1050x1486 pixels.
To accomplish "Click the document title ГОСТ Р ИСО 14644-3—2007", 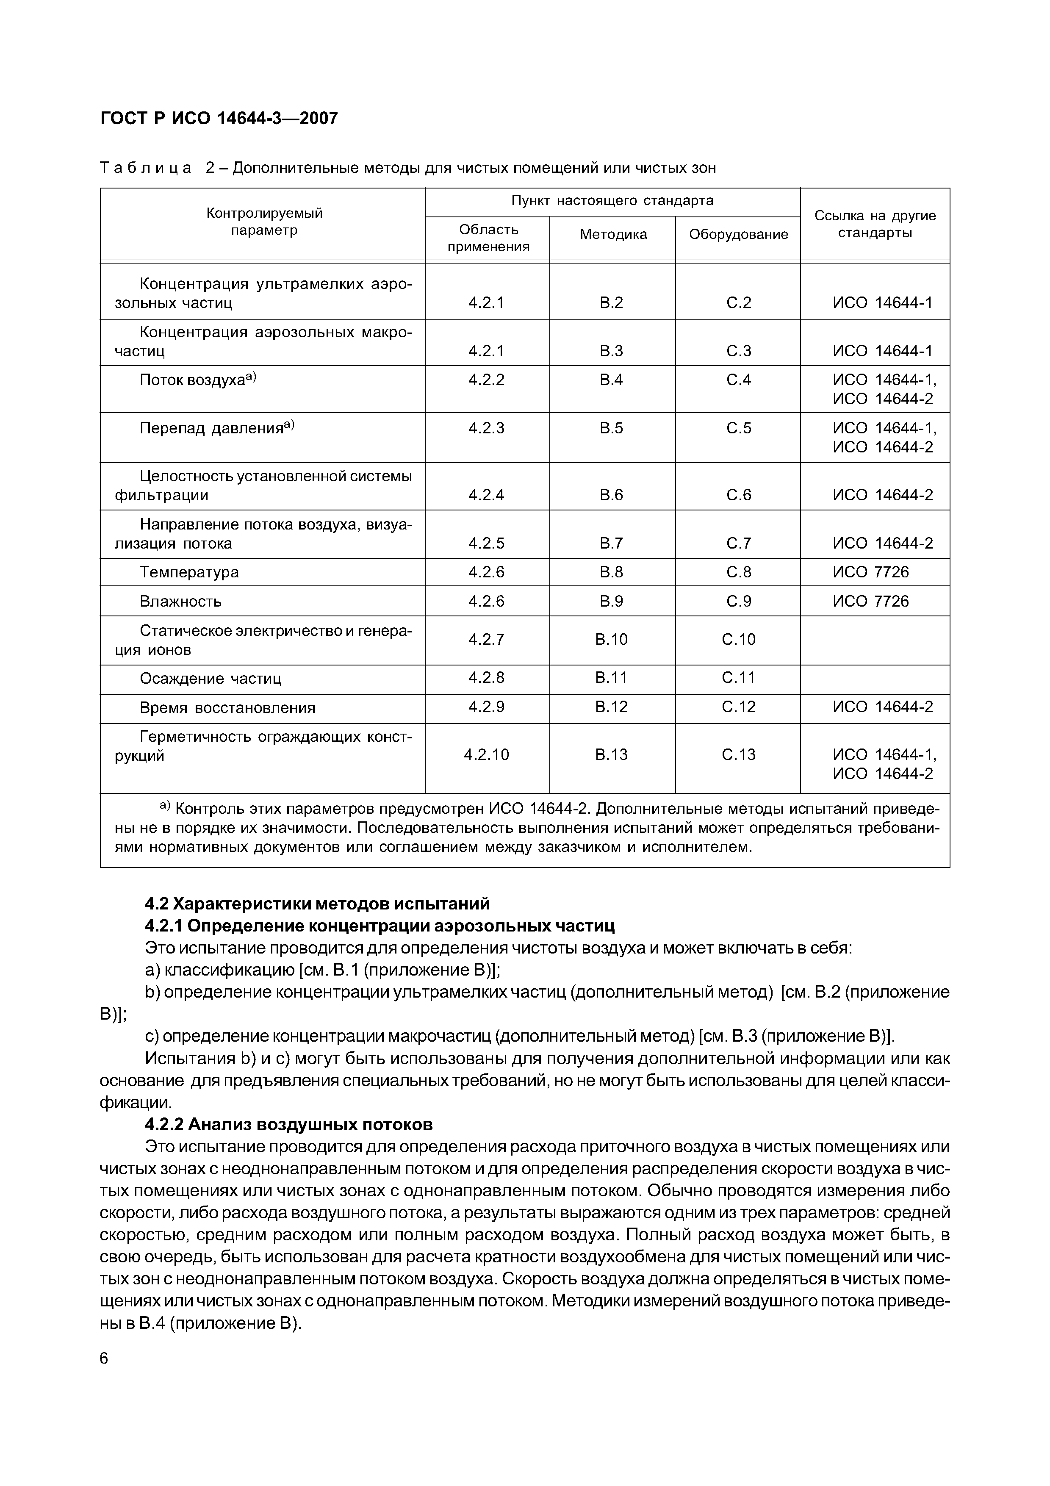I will click(x=219, y=119).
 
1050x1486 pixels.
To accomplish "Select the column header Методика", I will click(x=612, y=234).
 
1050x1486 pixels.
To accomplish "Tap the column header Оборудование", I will click(x=738, y=234).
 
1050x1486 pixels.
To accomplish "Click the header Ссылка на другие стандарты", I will click(x=875, y=224).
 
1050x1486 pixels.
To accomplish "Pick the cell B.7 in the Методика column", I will click(x=611, y=543).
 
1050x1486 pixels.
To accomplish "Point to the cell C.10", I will click(x=738, y=640).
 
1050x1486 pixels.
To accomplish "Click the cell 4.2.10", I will click(x=487, y=754).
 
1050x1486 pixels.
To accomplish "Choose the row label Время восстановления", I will click(x=227, y=707).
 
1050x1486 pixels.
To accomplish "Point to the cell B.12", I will click(x=611, y=706).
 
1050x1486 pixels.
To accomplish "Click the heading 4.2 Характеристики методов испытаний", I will click(x=317, y=903).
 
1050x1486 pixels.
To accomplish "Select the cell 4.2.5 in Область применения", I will click(x=487, y=543).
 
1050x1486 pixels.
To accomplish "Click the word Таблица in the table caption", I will click(x=146, y=168).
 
